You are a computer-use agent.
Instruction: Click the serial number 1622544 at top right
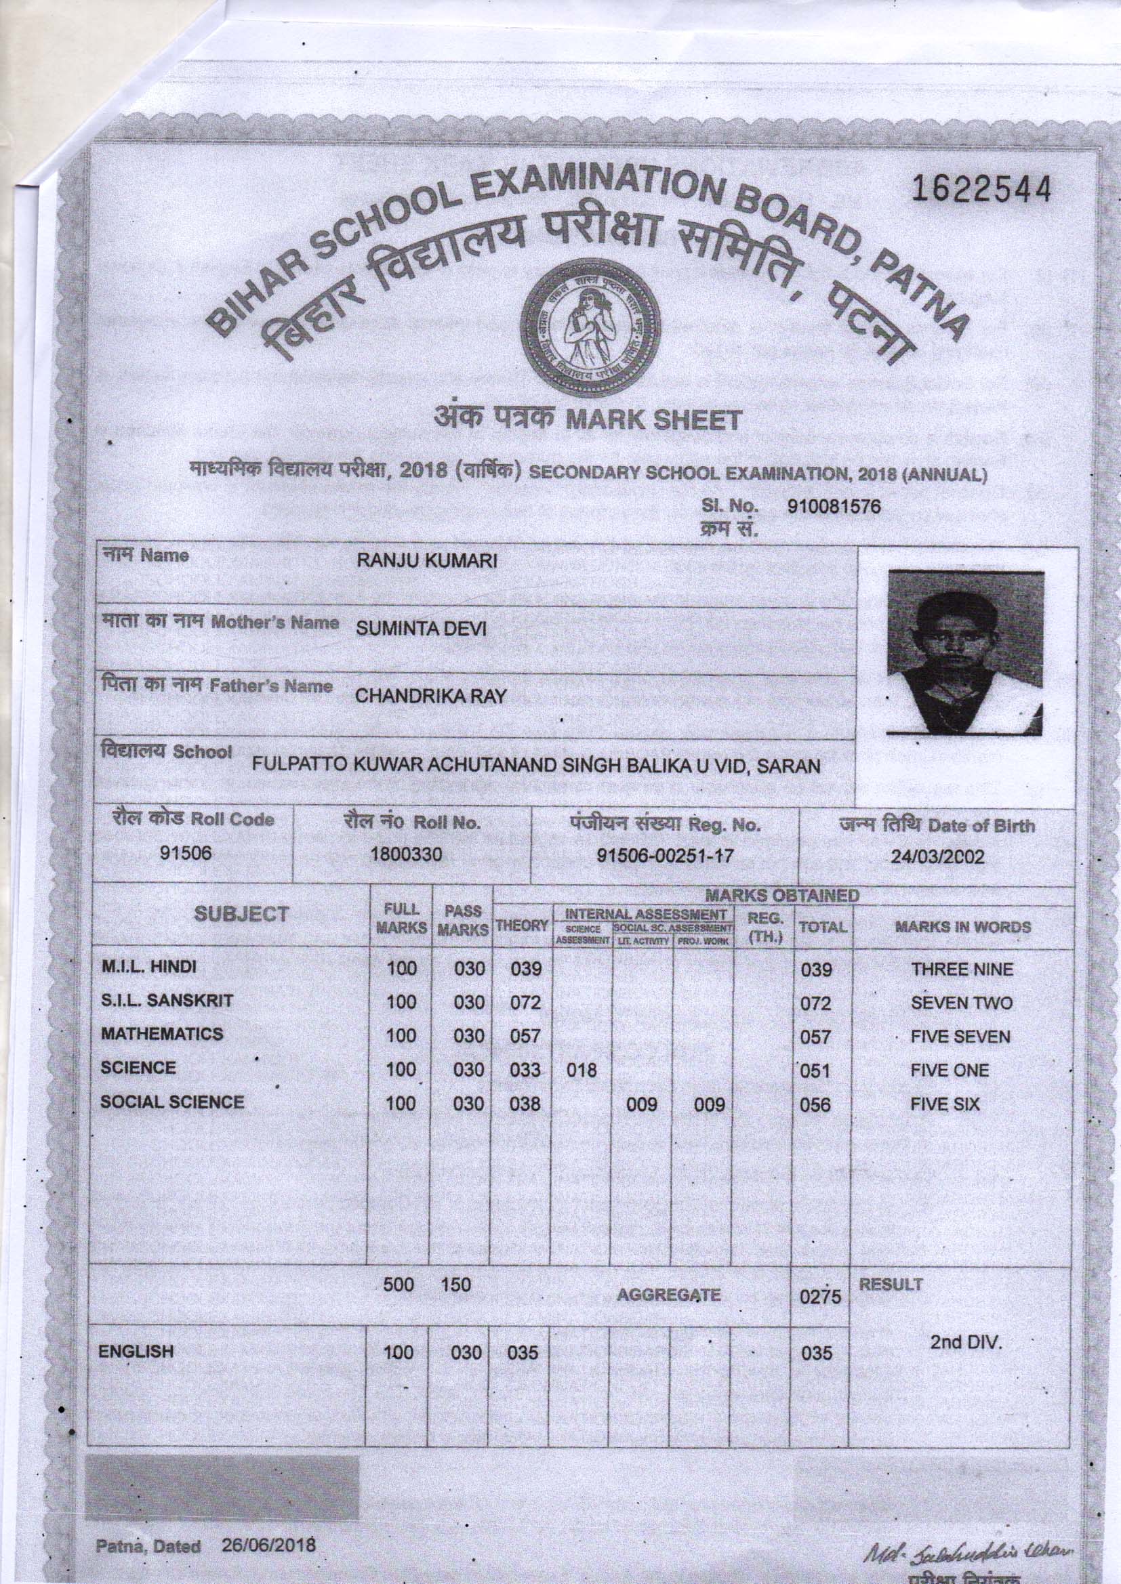(981, 189)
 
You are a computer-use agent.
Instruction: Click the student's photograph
(965, 651)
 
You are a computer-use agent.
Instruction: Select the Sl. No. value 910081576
(834, 507)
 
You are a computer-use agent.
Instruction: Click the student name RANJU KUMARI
(426, 561)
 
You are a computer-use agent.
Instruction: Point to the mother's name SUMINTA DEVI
(421, 629)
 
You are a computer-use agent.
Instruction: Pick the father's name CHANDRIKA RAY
(430, 696)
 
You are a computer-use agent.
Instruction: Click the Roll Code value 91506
(185, 854)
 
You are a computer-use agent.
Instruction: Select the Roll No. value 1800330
(406, 855)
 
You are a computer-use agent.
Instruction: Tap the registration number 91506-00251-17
(665, 856)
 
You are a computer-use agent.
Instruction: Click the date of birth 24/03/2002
(937, 858)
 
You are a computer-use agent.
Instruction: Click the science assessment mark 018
(581, 1070)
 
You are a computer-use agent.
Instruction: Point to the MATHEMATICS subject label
(161, 1034)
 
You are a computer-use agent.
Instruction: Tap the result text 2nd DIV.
(965, 1343)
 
